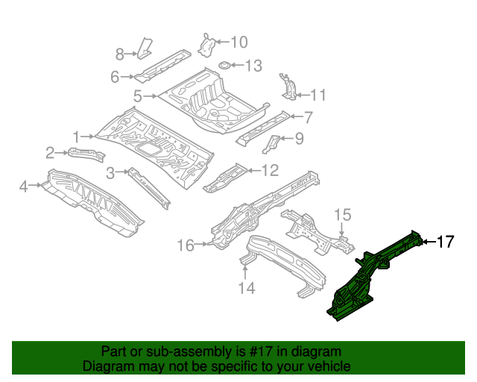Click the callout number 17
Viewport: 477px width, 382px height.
445,241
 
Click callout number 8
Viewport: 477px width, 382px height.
119,53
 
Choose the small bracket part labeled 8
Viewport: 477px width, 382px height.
144,46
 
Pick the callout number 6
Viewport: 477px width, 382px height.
115,77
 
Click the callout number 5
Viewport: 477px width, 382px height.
138,95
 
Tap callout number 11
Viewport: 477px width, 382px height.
318,95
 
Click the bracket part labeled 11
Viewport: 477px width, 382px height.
287,85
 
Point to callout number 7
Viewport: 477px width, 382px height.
309,116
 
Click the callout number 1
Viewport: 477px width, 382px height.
76,136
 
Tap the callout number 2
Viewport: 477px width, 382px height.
50,153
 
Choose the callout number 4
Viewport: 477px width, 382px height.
24,186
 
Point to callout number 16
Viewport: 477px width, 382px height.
185,245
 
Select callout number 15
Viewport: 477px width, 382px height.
341,215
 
